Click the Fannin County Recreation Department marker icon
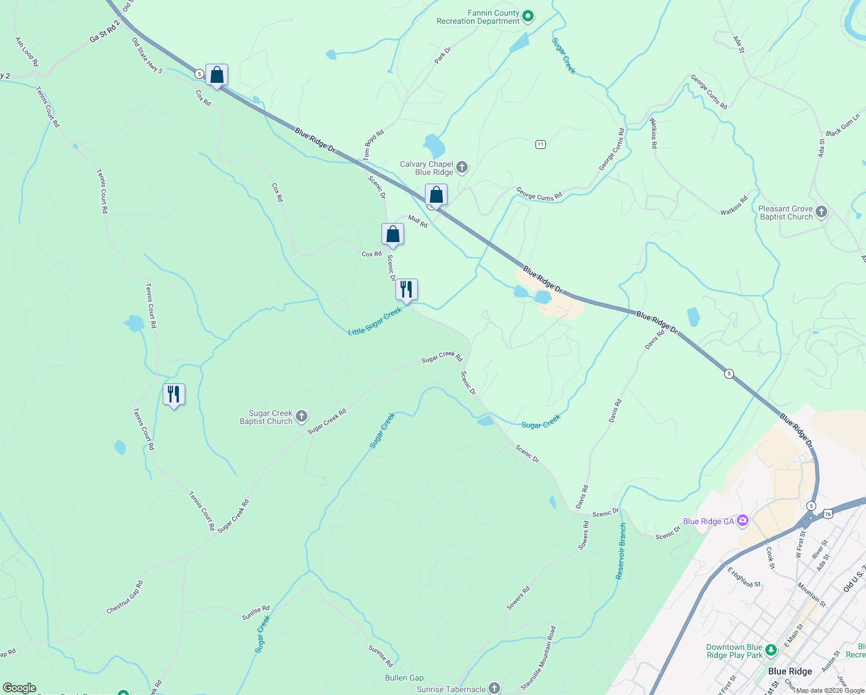pyautogui.click(x=528, y=16)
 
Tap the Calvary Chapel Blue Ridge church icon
pyautogui.click(x=462, y=168)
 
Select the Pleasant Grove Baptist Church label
pyautogui.click(x=786, y=213)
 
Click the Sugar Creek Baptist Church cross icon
pyautogui.click(x=301, y=416)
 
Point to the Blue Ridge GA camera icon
pyautogui.click(x=742, y=521)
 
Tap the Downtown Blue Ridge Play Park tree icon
pyautogui.click(x=770, y=650)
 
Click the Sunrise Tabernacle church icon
pyautogui.click(x=494, y=688)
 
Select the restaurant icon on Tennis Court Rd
pyautogui.click(x=174, y=394)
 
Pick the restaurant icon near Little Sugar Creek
pyautogui.click(x=406, y=290)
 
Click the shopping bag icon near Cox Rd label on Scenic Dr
pyautogui.click(x=392, y=235)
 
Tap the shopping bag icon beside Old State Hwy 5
pyautogui.click(x=216, y=75)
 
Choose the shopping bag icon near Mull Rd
pyautogui.click(x=436, y=195)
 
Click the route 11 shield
pyautogui.click(x=540, y=144)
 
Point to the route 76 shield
pyautogui.click(x=828, y=514)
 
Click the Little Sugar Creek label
pyautogui.click(x=375, y=322)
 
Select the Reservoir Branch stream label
pyautogui.click(x=621, y=551)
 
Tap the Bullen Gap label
pyautogui.click(x=404, y=678)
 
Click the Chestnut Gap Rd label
pyautogui.click(x=124, y=598)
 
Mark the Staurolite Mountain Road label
pyautogui.click(x=538, y=657)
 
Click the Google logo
pyautogui.click(x=20, y=688)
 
